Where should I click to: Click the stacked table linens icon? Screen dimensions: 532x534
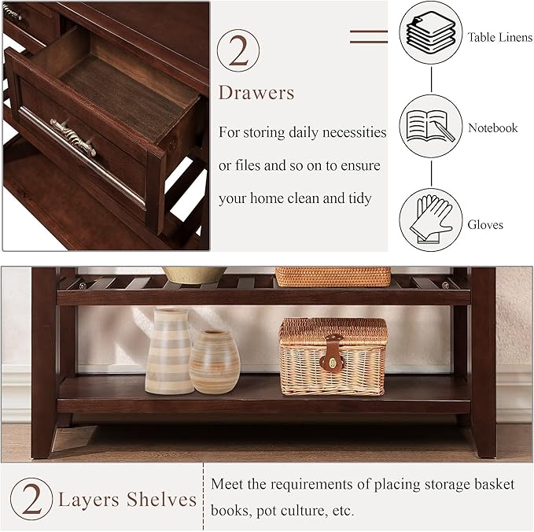pos(430,33)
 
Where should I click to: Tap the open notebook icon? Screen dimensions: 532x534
pos(430,126)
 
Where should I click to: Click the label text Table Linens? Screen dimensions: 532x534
pos(499,37)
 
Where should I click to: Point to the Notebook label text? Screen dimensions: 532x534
pos(493,127)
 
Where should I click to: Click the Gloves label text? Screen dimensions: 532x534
pos(485,225)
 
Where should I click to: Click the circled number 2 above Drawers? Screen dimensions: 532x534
pos(238,51)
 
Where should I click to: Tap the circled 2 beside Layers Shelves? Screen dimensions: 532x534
pos(31,498)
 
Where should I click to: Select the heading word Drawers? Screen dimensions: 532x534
pos(256,93)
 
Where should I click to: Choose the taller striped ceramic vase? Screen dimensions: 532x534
pos(168,350)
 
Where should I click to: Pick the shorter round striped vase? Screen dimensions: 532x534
pos(214,361)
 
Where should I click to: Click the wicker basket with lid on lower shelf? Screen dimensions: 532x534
pos(333,356)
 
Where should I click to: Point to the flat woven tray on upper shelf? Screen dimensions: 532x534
pos(333,276)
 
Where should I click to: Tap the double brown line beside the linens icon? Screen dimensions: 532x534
pos(369,36)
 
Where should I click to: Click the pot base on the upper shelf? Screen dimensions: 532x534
pos(194,275)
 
